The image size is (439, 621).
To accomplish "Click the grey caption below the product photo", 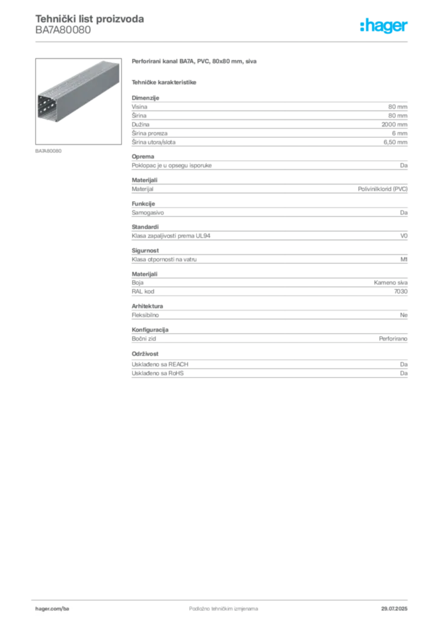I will [x=48, y=150].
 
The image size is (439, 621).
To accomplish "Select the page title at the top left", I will [x=90, y=19].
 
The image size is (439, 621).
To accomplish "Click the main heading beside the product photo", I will [x=196, y=62].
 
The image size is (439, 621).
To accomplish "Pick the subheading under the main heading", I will [x=165, y=81].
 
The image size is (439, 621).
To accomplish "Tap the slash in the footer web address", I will [x=63, y=607].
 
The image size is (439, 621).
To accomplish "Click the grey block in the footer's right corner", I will [x=398, y=605].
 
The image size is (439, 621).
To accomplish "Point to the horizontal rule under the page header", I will [x=223, y=41].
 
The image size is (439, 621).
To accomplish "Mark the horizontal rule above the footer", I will [x=223, y=598].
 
